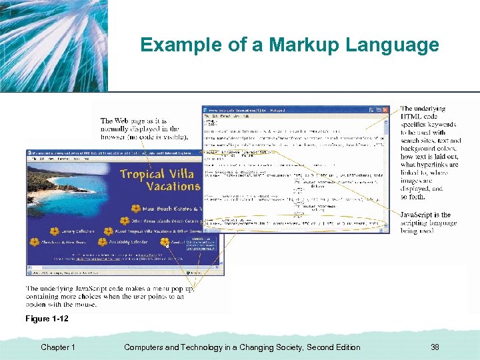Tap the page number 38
pyautogui.click(x=435, y=347)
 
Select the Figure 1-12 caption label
pyautogui.click(x=47, y=319)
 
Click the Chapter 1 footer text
pyautogui.click(x=58, y=347)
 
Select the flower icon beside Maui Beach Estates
pyautogui.click(x=136, y=209)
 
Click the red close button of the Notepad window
pyautogui.click(x=385, y=110)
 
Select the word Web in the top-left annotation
pyautogui.click(x=129, y=121)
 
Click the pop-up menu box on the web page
pyautogui.click(x=201, y=243)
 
